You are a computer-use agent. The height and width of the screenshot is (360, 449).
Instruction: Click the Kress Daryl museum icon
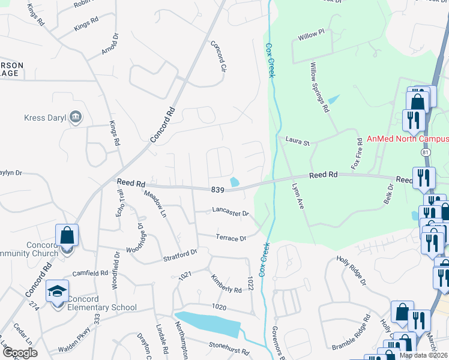click(76, 117)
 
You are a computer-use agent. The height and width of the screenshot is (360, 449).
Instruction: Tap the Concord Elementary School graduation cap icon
click(58, 292)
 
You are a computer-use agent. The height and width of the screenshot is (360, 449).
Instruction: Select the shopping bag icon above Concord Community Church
click(67, 235)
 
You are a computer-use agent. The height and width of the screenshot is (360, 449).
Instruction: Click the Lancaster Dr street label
click(230, 212)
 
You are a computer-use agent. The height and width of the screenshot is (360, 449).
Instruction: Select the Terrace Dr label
click(231, 238)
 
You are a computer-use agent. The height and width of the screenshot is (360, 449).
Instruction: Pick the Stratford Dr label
click(180, 256)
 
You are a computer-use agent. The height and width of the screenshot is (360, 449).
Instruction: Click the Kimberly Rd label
click(226, 283)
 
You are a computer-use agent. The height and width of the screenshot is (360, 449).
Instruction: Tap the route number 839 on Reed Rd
click(217, 190)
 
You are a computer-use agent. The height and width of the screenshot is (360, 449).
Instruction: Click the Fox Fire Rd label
click(360, 153)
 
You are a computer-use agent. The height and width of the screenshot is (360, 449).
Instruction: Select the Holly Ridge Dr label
click(352, 269)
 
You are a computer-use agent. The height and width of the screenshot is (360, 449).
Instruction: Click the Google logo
click(20, 353)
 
